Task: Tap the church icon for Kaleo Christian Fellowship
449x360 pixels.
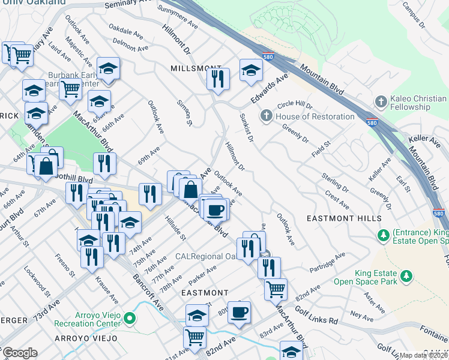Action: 379,103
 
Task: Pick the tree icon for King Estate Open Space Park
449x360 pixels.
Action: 407,275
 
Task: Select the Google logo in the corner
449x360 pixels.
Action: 20,353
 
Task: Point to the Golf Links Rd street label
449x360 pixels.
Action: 316,316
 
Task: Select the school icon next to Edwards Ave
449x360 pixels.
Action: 251,70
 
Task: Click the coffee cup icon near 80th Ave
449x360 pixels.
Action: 239,312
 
